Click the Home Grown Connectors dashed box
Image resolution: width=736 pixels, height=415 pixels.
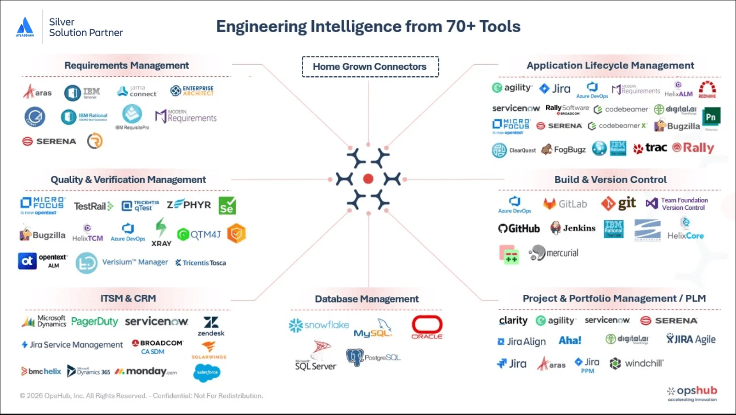point(370,67)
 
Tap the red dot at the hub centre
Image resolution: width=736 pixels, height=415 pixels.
point(368,179)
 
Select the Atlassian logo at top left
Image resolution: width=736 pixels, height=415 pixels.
point(25,27)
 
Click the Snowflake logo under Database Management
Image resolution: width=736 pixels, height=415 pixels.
point(319,325)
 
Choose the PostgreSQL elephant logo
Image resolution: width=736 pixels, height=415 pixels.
point(373,357)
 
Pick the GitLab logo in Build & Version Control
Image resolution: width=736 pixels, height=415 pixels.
point(565,204)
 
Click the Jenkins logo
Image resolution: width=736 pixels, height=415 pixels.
point(572,228)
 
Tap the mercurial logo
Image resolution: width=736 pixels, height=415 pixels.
point(553,253)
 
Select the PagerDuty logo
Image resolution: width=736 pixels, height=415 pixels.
point(94,322)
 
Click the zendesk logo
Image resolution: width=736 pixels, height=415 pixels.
point(211,326)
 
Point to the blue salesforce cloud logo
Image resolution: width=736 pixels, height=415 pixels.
point(207,372)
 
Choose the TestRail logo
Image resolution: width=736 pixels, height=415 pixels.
point(93,206)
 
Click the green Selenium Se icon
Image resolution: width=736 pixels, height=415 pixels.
point(227,206)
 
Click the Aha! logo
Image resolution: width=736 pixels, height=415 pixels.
point(570,341)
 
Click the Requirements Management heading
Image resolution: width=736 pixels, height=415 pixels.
point(126,65)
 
